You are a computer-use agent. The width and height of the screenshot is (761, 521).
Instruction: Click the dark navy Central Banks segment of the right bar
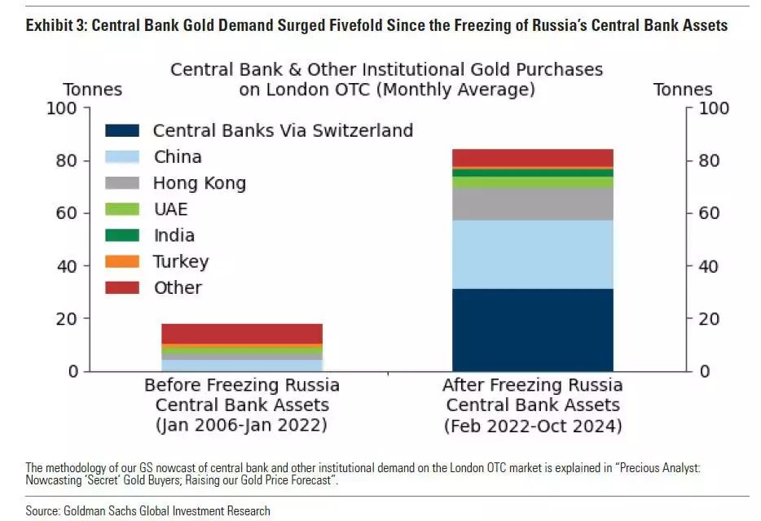[x=532, y=330]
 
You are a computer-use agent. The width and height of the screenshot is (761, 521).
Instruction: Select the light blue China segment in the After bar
[x=532, y=254]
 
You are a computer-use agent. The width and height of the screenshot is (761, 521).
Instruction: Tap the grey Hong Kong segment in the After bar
[x=532, y=204]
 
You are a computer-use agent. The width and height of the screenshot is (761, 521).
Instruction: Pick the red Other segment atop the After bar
[x=532, y=157]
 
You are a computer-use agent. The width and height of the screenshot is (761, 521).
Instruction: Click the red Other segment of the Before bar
[x=242, y=333]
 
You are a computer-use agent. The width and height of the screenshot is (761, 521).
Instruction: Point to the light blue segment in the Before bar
[x=242, y=365]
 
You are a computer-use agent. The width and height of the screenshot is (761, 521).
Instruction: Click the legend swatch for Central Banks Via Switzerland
[x=123, y=130]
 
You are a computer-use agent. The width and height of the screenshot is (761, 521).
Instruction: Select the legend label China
[x=177, y=157]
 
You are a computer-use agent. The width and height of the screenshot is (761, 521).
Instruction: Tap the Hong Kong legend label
[x=199, y=183]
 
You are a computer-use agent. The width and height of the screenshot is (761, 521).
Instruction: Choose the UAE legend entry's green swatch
[x=123, y=209]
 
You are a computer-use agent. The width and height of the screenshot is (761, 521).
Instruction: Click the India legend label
[x=174, y=235]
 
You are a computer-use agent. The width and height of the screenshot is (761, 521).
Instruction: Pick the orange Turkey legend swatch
[x=123, y=261]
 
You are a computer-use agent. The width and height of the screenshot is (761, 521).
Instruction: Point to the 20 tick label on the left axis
[x=68, y=319]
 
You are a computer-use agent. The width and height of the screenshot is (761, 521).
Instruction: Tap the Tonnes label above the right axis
[x=683, y=90]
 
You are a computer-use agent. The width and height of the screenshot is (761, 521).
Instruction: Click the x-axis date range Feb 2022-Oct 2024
[x=532, y=426]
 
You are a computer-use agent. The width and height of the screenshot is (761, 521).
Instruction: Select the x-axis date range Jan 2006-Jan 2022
[x=242, y=426]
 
